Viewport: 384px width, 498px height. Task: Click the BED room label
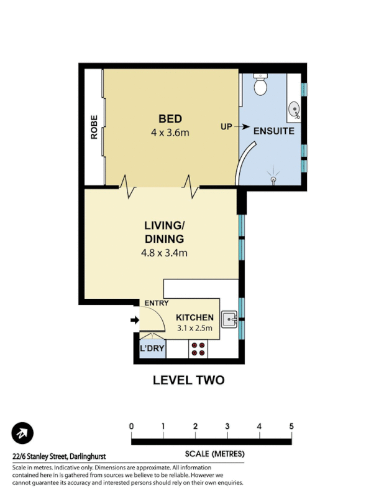[170, 119]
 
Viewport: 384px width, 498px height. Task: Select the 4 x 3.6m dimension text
[170, 132]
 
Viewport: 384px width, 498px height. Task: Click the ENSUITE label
[273, 131]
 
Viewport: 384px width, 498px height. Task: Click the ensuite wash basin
[294, 111]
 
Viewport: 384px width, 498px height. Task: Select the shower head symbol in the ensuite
[273, 177]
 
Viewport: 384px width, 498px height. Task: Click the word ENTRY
[157, 303]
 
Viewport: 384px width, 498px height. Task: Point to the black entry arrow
[134, 321]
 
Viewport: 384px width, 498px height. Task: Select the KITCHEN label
[194, 317]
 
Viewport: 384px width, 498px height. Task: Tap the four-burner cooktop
[198, 349]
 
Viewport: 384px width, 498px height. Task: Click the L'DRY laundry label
[152, 349]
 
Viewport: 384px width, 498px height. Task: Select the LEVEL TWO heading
[188, 380]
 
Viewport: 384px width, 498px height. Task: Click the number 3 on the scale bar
[227, 426]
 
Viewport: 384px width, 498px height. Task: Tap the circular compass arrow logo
[22, 433]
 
